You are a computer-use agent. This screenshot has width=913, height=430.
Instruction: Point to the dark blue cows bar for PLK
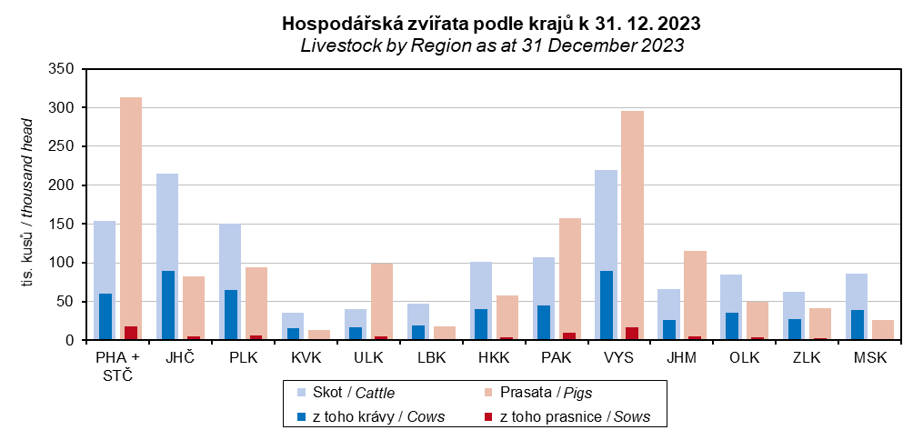[x=230, y=315]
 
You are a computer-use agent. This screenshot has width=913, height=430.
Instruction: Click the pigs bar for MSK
[x=883, y=330]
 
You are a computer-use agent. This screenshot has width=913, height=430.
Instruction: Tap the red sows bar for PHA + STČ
[x=131, y=333]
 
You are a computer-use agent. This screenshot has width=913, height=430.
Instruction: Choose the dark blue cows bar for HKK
[x=481, y=325]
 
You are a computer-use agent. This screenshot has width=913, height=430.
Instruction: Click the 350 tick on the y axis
[x=63, y=69]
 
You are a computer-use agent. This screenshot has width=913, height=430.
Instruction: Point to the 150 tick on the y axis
[x=63, y=224]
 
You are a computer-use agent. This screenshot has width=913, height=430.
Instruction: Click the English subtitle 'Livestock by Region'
[x=492, y=45]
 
